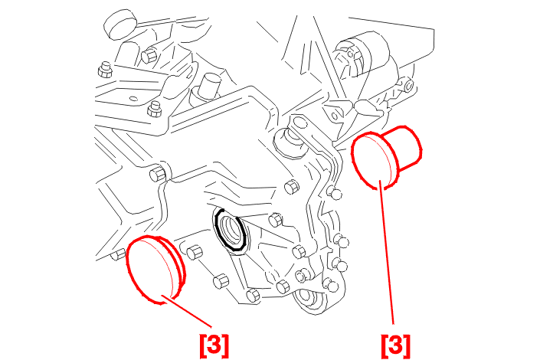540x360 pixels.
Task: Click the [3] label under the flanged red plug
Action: [396, 345]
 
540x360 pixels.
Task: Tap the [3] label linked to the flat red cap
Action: [214, 345]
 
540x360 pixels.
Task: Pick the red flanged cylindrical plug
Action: [386, 157]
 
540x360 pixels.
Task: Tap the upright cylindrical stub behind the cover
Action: [208, 86]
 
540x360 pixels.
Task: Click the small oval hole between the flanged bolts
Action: [132, 98]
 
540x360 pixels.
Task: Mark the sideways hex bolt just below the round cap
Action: [149, 56]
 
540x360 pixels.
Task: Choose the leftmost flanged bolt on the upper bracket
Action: [105, 70]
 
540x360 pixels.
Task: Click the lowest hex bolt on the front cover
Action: [253, 295]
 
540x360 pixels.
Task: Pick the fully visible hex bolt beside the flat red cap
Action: [195, 254]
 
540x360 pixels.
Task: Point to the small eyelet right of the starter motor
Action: [408, 85]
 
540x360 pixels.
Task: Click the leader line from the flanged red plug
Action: [386, 252]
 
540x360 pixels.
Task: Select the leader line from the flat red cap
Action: [186, 311]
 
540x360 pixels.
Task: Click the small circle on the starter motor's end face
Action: [350, 54]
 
